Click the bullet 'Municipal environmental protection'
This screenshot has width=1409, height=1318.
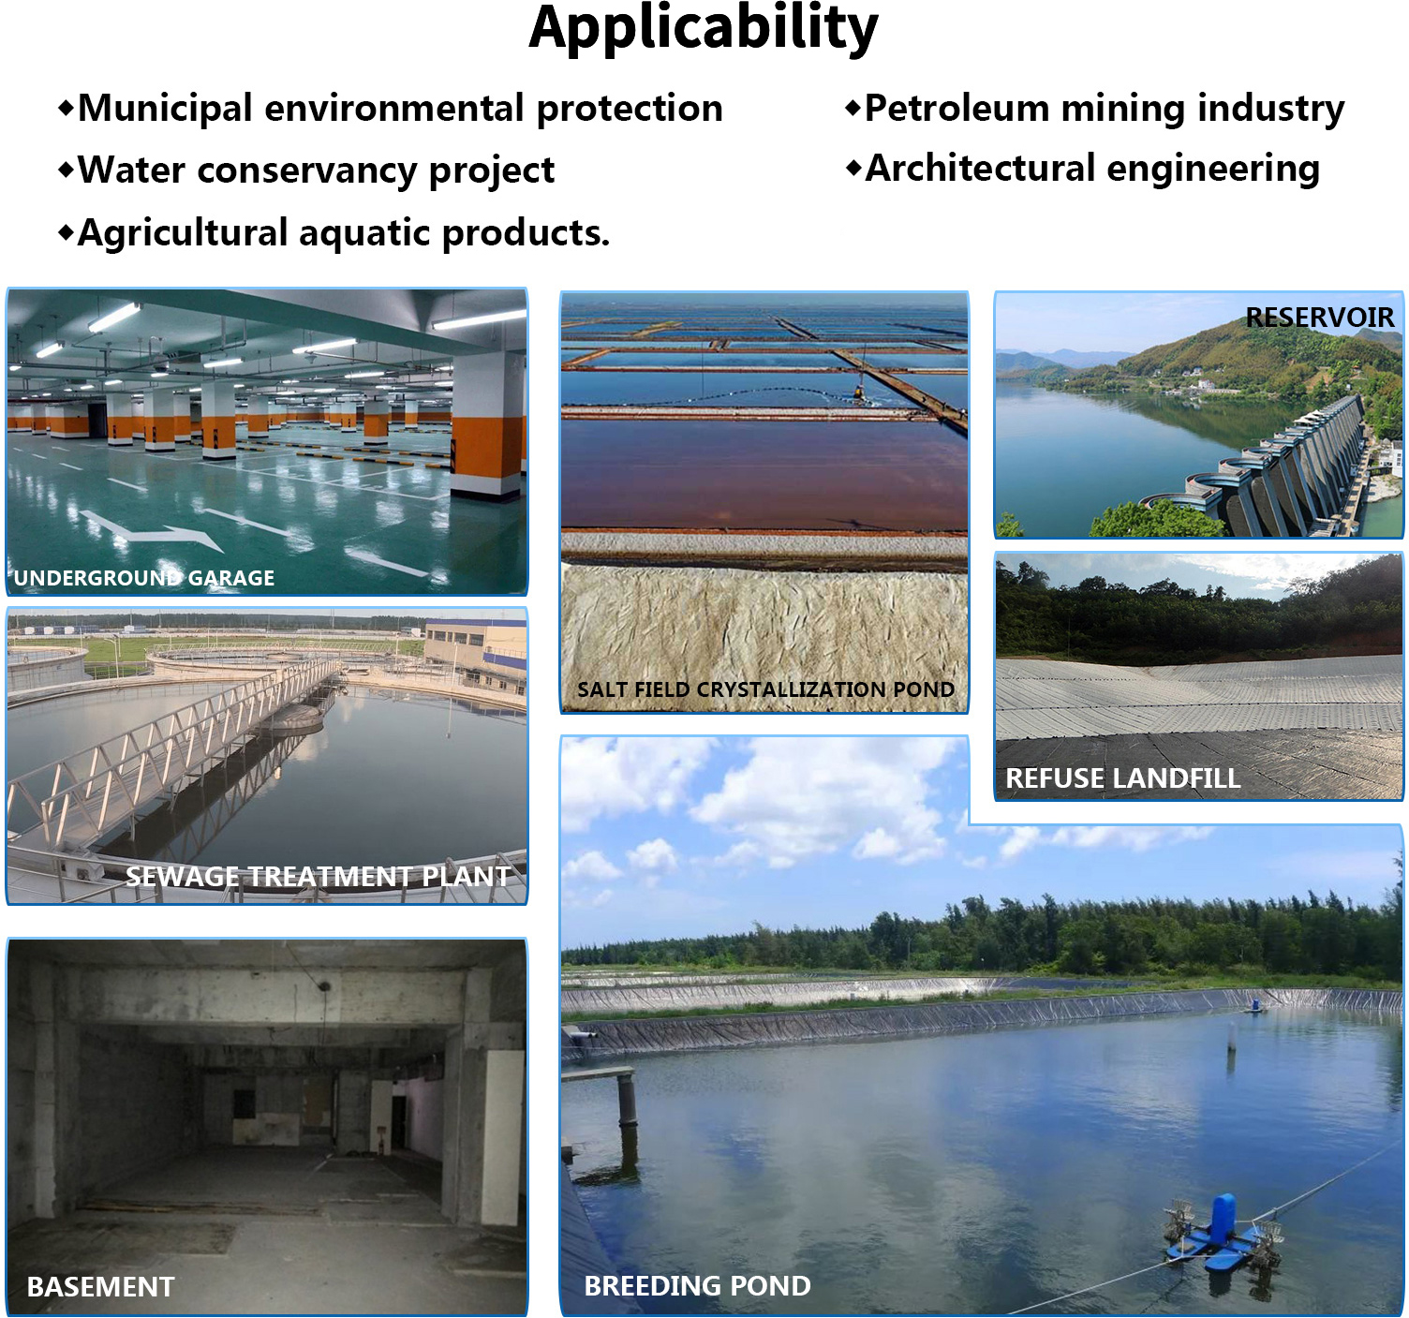[x=399, y=109]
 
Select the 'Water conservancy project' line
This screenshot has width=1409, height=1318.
[x=315, y=170]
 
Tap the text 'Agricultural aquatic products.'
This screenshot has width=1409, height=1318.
[x=343, y=233]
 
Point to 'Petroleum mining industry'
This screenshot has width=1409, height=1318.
[x=1104, y=109]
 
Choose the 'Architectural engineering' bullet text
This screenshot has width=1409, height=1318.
[x=1091, y=169]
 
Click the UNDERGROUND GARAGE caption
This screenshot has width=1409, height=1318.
[x=144, y=578]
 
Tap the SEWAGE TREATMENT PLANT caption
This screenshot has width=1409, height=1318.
[x=318, y=876]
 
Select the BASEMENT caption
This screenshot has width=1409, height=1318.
[x=101, y=1286]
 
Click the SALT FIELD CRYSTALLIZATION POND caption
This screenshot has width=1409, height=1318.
[x=765, y=689]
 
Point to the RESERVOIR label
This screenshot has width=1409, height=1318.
[x=1320, y=318]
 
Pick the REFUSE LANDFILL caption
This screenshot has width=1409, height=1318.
[x=1122, y=777]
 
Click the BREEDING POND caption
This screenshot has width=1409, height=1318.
[x=697, y=1285]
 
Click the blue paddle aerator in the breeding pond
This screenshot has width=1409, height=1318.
[x=1221, y=1227]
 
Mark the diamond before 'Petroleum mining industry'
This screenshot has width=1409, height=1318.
[x=853, y=109]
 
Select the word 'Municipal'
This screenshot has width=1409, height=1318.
[x=165, y=109]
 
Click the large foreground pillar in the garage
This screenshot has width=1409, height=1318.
[x=488, y=426]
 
